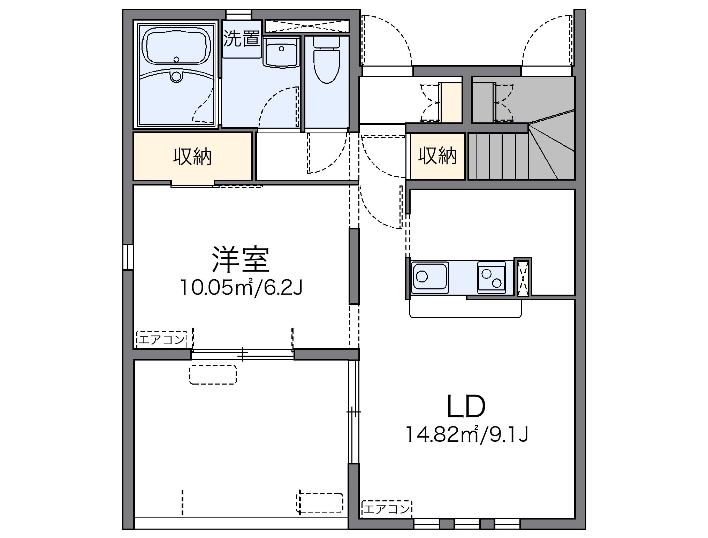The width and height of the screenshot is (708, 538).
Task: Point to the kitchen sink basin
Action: pyautogui.click(x=430, y=277)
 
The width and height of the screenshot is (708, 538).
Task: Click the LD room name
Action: pyautogui.click(x=466, y=407)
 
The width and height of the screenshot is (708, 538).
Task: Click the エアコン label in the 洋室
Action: pyautogui.click(x=161, y=339)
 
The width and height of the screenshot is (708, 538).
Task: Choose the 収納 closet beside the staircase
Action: pyautogui.click(x=437, y=156)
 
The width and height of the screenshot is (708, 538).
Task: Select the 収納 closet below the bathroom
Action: pyautogui.click(x=192, y=157)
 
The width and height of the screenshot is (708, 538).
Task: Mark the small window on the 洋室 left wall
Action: pyautogui.click(x=128, y=257)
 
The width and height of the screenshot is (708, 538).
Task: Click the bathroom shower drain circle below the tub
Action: pyautogui.click(x=176, y=76)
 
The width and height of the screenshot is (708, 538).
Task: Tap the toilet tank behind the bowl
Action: pyautogui.click(x=327, y=42)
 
